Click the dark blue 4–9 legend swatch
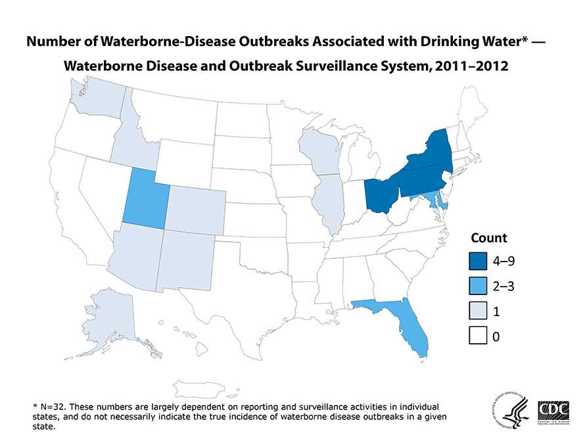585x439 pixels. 479,261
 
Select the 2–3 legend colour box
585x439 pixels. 479,287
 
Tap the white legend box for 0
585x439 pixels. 479,336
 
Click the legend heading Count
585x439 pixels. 488,237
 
